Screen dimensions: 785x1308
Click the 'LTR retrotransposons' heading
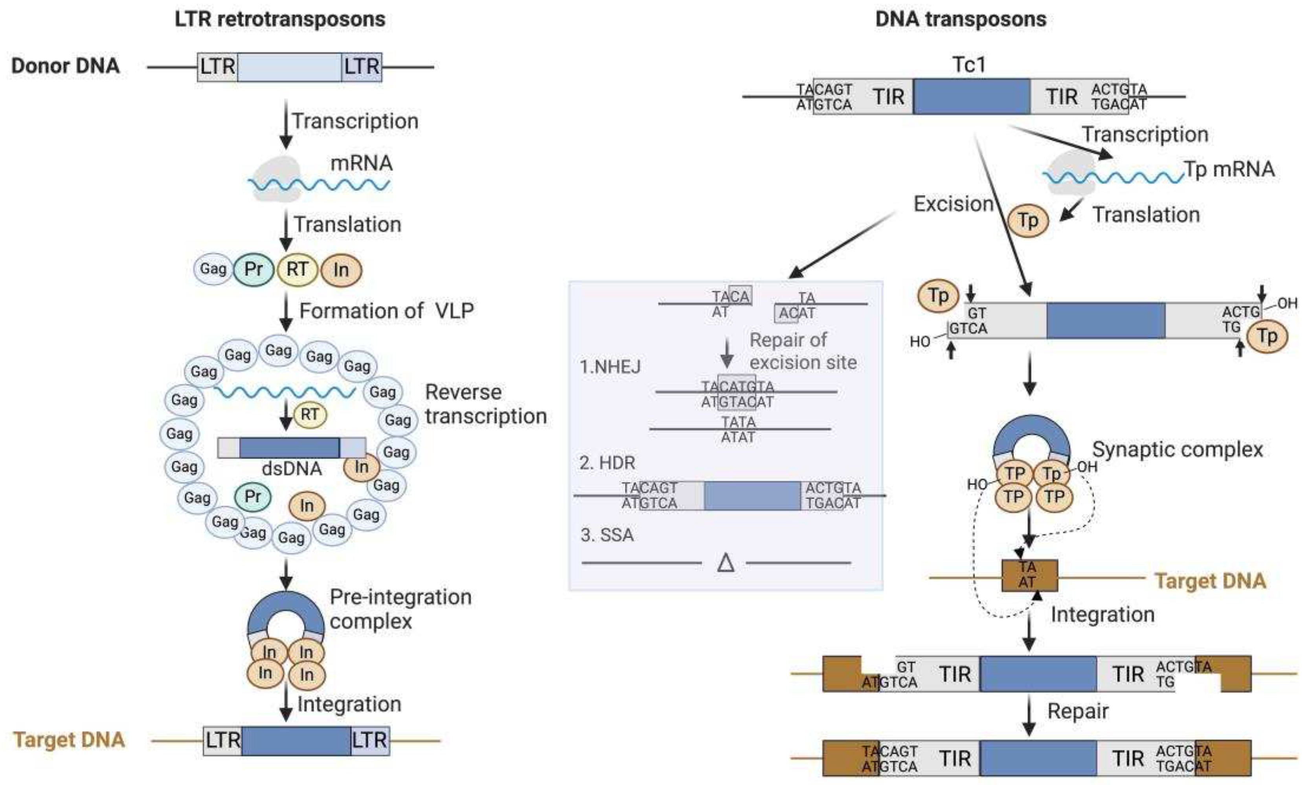(x=280, y=20)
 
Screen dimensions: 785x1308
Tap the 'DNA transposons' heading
(x=961, y=20)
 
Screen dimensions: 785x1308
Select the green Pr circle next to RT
(x=254, y=270)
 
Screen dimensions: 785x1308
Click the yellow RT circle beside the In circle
(x=297, y=270)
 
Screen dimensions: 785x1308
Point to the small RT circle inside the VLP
(x=310, y=414)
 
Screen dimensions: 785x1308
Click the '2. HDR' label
(x=607, y=463)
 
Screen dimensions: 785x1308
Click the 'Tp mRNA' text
(x=1229, y=170)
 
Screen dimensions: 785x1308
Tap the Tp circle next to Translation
(x=1028, y=221)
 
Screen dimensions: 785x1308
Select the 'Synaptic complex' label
(x=1178, y=450)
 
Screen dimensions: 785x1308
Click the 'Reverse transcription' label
(x=485, y=404)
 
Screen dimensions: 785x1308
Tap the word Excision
(x=953, y=204)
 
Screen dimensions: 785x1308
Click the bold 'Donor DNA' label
(x=66, y=66)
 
